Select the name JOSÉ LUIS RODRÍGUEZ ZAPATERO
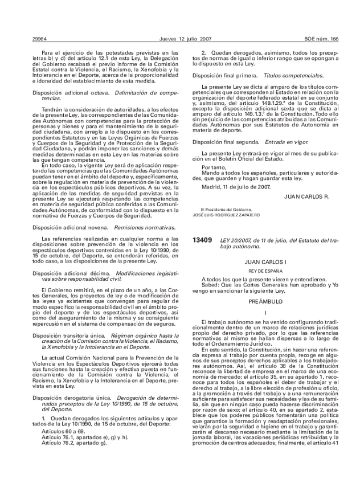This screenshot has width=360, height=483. point(226,215)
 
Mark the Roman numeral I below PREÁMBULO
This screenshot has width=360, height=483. point(265,313)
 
